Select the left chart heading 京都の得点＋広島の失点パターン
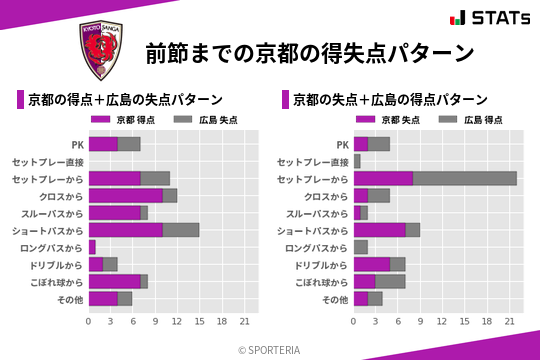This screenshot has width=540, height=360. click(124, 100)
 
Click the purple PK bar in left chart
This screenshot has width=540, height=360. click(103, 144)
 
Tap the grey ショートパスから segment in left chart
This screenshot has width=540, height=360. click(181, 230)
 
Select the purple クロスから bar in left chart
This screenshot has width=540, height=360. click(125, 195)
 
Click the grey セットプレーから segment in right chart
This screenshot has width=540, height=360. click(464, 178)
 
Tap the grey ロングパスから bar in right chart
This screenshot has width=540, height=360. click(361, 247)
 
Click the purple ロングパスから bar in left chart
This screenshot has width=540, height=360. click(92, 247)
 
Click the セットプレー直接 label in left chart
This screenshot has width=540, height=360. click(48, 161)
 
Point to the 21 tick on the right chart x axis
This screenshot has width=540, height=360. click(509, 322)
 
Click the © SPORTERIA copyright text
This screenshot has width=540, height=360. click(270, 349)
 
